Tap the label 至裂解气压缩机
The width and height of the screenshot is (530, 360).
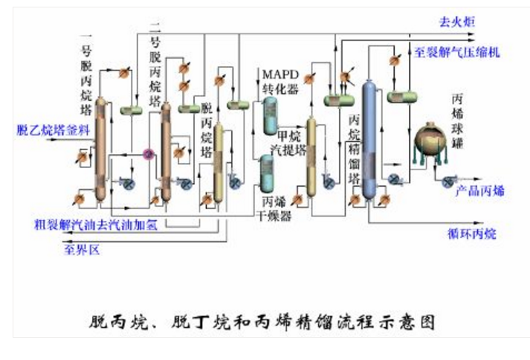tap(456, 54)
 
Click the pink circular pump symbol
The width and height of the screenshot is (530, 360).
tap(148, 154)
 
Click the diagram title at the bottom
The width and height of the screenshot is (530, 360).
tap(264, 322)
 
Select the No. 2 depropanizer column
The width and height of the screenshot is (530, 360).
tap(165, 149)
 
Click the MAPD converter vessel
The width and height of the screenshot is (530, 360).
tap(268, 115)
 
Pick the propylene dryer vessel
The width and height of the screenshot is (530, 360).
tap(268, 172)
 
